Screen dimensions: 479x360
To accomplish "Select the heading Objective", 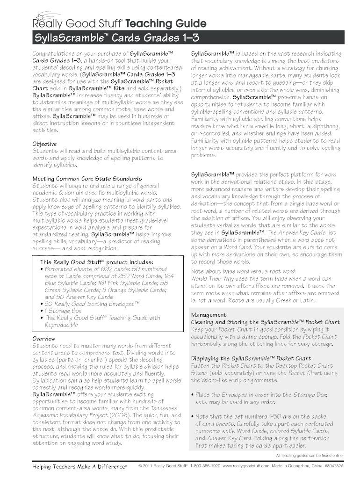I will click(44, 144).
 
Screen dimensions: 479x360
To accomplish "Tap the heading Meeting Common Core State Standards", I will click(87, 179).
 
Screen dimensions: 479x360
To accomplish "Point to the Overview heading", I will click(43, 338).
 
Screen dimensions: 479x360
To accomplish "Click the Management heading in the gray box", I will click(209, 315).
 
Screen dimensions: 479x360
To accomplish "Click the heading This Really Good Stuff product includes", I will click(97, 262).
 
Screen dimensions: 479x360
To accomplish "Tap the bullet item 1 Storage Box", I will click(63, 311).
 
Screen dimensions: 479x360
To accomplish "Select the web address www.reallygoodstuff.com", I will click(246, 467).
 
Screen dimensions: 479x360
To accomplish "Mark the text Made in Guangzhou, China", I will click(296, 467).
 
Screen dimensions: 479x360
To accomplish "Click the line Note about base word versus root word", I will click(243, 271).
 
